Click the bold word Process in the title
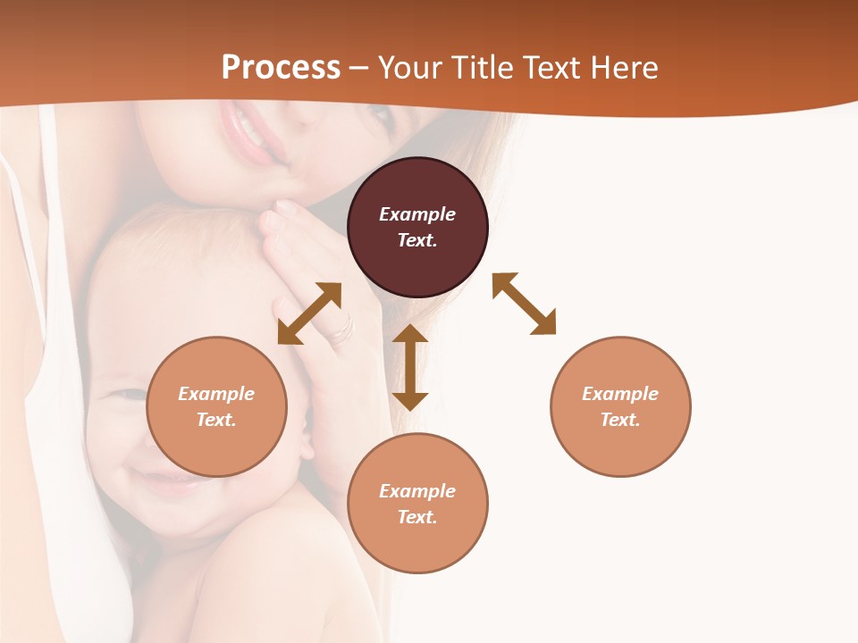coord(281,68)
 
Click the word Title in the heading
coord(485,68)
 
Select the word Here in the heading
coord(625,68)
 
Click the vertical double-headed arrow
coord(410,367)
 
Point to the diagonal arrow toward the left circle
coord(309,313)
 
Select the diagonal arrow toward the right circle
coord(524,304)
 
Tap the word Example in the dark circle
coord(417,214)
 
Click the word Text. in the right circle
coord(620,420)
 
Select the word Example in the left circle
coord(216,394)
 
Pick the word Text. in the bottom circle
coord(417,517)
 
